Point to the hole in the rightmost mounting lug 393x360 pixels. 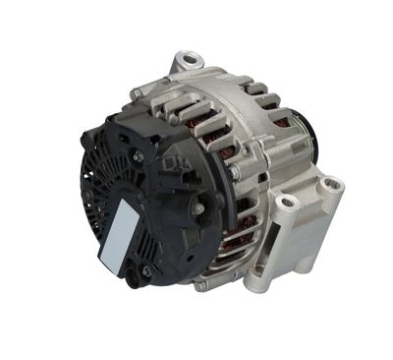[x=330, y=186]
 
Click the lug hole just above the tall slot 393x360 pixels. [x=288, y=204]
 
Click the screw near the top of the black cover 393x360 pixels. [x=138, y=156]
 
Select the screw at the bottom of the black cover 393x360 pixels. [x=146, y=270]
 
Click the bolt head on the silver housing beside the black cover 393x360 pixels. [x=235, y=172]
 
